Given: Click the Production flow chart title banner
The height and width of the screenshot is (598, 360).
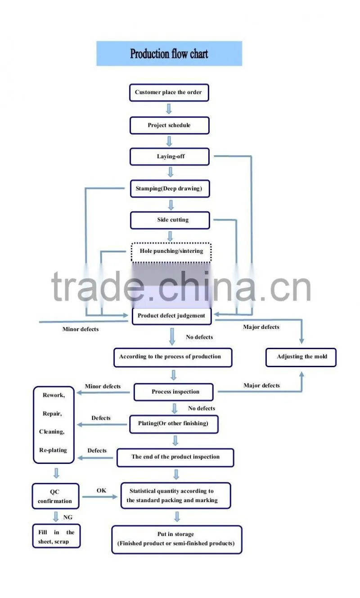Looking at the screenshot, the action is tap(169, 54).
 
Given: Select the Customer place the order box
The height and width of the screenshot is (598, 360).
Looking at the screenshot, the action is tap(169, 93).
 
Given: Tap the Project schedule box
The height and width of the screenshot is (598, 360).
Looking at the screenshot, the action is tap(169, 125).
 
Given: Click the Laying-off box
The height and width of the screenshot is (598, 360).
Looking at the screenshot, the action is tap(170, 157).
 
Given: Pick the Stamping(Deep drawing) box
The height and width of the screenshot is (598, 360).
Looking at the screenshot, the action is tap(170, 189).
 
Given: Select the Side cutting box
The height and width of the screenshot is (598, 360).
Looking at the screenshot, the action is tap(170, 220).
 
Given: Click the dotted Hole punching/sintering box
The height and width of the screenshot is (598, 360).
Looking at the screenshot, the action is tap(171, 252).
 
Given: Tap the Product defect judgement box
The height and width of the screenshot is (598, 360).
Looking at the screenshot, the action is tap(172, 316).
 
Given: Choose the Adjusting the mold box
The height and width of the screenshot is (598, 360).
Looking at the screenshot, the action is tap(301, 357).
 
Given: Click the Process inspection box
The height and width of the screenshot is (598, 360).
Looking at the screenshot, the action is tap(174, 392).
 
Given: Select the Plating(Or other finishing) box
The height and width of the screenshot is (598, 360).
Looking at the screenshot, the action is tap(174, 424).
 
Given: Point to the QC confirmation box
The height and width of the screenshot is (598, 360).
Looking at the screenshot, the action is tap(55, 496).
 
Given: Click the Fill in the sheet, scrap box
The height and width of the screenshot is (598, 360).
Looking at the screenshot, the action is tap(56, 536).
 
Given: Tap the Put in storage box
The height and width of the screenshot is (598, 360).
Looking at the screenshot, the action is tap(177, 540).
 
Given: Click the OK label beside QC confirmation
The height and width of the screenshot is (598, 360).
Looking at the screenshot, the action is tap(101, 490).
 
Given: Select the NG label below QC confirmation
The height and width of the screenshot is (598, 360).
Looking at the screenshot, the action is tap(67, 517).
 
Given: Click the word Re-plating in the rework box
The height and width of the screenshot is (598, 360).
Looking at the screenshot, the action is tap(53, 450).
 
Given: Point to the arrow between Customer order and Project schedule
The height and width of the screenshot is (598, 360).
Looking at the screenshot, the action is tap(169, 109).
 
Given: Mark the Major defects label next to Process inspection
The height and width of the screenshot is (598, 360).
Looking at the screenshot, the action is tap(261, 386).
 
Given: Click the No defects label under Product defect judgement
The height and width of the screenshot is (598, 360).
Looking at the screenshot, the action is tap(199, 337).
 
